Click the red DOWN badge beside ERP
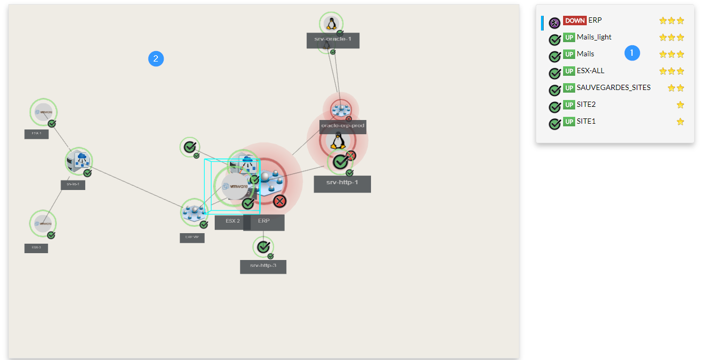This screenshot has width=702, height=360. click(575, 21)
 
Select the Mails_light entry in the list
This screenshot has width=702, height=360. click(594, 37)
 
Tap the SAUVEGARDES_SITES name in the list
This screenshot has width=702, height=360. click(613, 87)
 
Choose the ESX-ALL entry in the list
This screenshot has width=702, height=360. click(590, 71)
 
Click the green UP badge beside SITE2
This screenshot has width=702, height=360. click(569, 105)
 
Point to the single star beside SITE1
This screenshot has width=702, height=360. click(680, 122)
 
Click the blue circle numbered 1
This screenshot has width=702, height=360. click(632, 53)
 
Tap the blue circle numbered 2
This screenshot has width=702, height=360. click(156, 58)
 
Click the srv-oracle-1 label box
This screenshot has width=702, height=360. click(333, 41)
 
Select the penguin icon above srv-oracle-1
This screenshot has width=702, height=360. click(330, 23)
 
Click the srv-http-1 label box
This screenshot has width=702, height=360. click(342, 184)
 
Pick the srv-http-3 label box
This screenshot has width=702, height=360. click(263, 266)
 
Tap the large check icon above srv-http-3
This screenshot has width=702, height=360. click(263, 246)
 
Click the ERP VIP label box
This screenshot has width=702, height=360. click(192, 238)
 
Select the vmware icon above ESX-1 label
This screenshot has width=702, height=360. click(43, 112)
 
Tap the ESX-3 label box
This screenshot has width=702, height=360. click(36, 248)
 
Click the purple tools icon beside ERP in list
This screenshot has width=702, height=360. click(554, 23)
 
